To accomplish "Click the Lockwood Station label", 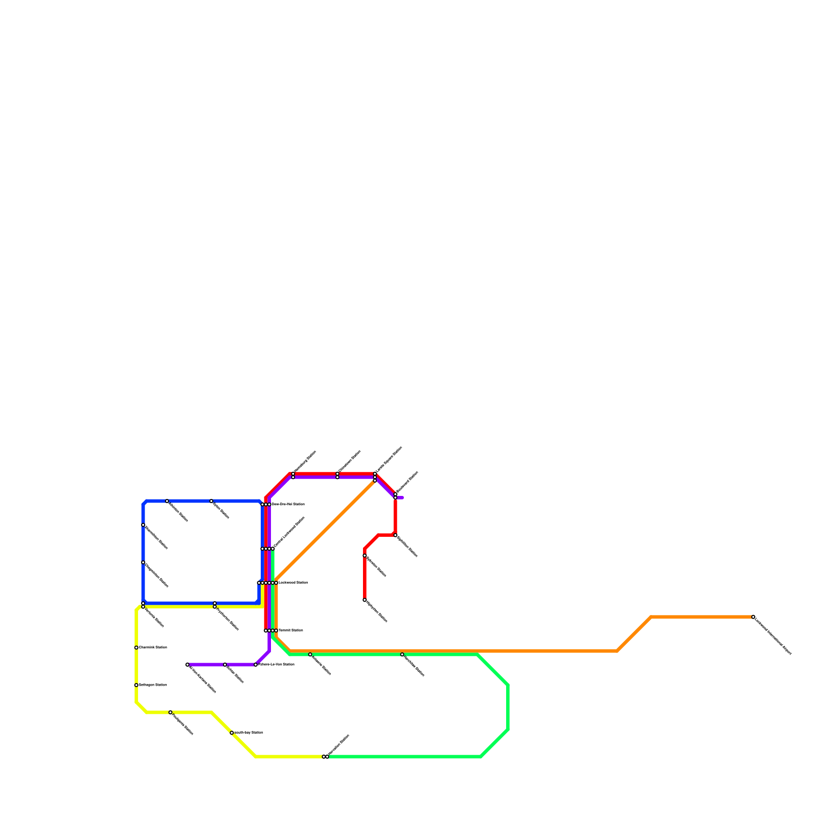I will click(x=292, y=583).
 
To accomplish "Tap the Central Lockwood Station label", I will click(x=289, y=533).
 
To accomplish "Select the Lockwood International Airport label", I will click(x=772, y=636).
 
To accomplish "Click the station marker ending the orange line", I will click(x=753, y=617).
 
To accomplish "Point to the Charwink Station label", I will click(x=153, y=648).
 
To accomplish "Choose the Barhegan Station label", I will click(x=153, y=685).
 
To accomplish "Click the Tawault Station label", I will click(x=290, y=630).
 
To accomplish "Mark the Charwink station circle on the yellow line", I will click(x=136, y=648).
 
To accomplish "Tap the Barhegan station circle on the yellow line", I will click(x=136, y=685).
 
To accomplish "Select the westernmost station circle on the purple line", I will click(x=188, y=665).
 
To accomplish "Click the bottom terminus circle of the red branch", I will click(x=365, y=600).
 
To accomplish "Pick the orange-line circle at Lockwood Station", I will click(x=276, y=583).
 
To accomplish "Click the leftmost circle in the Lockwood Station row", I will click(x=259, y=583).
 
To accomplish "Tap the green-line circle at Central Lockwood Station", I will click(x=272, y=549).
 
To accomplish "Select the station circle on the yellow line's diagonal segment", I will click(x=232, y=733).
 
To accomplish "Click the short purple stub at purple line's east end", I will click(x=400, y=497).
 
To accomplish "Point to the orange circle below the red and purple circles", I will click(x=375, y=481).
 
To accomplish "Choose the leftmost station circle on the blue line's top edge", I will click(x=167, y=501).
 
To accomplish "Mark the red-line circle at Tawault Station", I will click(x=266, y=630).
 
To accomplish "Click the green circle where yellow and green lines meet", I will click(x=327, y=757).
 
